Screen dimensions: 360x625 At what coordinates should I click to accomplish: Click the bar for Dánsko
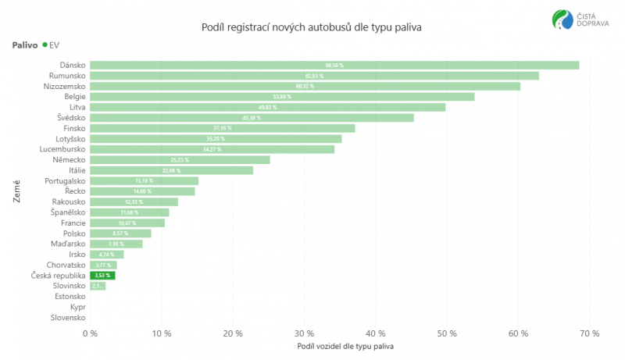(334, 65)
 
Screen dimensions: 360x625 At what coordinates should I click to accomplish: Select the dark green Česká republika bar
(102, 275)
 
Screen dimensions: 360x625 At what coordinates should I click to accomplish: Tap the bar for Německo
(180, 159)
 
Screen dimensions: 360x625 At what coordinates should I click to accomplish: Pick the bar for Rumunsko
(314, 76)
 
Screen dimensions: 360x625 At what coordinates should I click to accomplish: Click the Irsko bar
(106, 254)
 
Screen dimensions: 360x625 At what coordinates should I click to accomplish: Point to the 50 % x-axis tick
(447, 333)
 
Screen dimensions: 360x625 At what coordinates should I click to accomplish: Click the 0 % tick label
(91, 333)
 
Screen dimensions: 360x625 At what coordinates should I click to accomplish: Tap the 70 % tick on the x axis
(590, 333)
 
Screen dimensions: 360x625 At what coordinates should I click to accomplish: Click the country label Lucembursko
(62, 148)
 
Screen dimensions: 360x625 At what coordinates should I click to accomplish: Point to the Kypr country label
(77, 307)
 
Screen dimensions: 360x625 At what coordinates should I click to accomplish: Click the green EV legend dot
(45, 45)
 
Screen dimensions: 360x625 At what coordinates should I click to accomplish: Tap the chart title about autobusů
(312, 27)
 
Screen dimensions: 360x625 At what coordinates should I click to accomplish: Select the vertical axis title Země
(16, 191)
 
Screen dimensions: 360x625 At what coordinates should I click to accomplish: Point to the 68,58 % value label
(334, 65)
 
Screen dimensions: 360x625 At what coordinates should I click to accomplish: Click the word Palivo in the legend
(25, 45)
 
